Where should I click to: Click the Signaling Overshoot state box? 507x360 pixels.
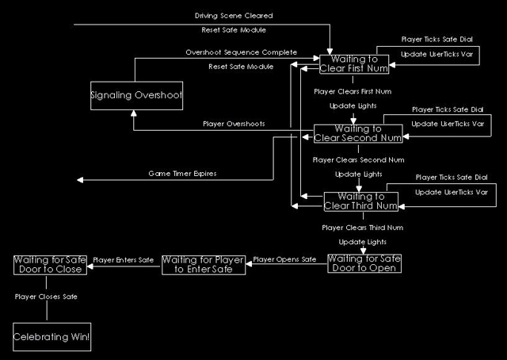tap(135, 97)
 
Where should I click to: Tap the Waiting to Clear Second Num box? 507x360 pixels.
tap(358, 133)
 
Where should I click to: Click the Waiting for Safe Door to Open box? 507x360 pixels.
tap(364, 262)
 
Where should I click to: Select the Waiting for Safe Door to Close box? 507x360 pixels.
tap(49, 265)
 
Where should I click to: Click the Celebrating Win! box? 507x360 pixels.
tap(51, 337)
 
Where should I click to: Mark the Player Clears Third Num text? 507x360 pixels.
tap(357, 228)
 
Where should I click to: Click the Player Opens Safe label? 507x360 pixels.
tap(284, 259)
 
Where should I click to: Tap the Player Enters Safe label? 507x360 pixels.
tap(124, 259)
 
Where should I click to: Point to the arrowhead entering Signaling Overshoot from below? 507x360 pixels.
tap(135, 115)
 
